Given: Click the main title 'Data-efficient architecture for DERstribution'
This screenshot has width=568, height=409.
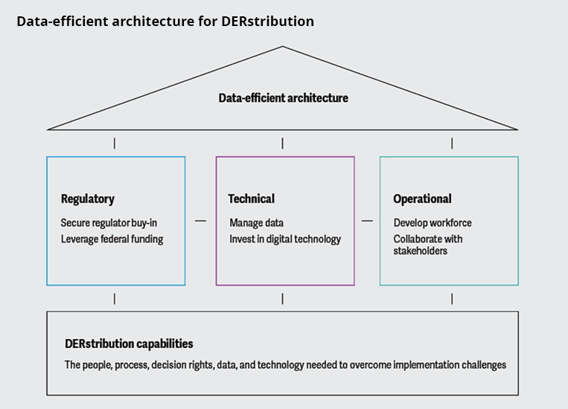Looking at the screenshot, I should click(x=165, y=21).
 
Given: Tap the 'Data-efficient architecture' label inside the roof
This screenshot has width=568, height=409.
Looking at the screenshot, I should click(x=283, y=97).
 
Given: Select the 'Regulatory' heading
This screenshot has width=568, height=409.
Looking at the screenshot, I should click(x=88, y=199).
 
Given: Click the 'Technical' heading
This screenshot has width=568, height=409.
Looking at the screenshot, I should click(x=251, y=199).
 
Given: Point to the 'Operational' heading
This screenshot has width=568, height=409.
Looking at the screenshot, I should click(x=422, y=199).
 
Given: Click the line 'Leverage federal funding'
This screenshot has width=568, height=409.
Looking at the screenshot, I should click(x=112, y=239).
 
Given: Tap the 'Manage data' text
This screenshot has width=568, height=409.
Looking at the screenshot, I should click(x=256, y=223).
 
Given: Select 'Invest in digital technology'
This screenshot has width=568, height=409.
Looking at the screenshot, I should click(x=285, y=239).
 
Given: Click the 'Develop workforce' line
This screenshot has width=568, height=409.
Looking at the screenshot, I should click(x=433, y=223).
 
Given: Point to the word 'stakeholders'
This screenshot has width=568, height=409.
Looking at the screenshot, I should click(x=421, y=251).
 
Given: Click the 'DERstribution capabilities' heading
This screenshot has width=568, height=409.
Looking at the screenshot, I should click(x=129, y=344).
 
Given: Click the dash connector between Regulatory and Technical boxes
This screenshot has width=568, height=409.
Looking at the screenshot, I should click(x=200, y=221).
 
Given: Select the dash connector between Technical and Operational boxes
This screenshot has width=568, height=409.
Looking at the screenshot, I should click(x=367, y=221).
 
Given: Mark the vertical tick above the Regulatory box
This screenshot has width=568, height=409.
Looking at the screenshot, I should click(x=114, y=143).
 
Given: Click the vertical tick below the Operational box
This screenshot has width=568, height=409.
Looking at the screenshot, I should click(x=452, y=298).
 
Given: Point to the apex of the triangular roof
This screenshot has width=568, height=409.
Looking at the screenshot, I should click(x=282, y=47).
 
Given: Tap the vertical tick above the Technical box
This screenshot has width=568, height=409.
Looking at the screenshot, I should click(x=282, y=143).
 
